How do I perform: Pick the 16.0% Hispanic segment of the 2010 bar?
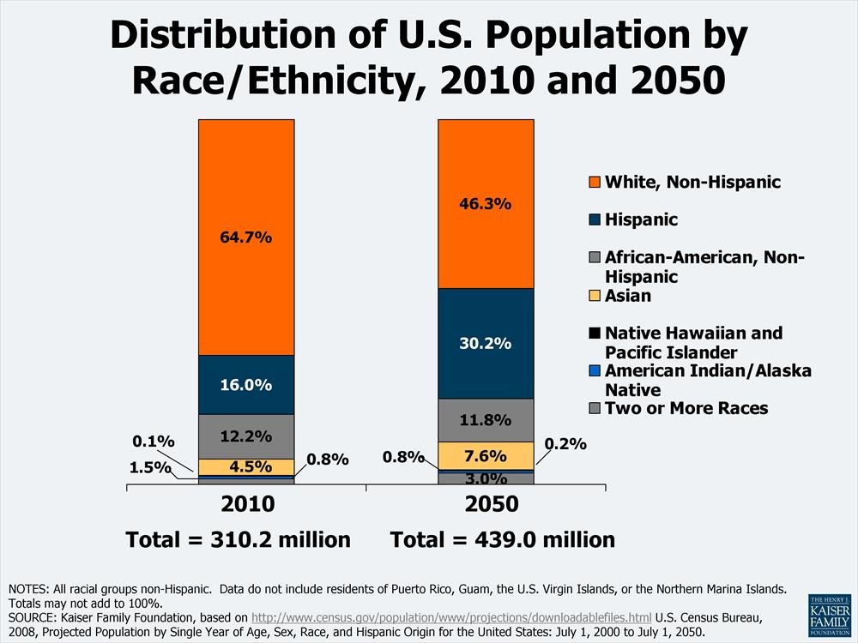point(246,385)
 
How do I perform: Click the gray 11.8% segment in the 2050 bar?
point(486,420)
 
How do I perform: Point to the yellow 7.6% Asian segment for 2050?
point(486,455)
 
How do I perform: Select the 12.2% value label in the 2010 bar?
point(246,436)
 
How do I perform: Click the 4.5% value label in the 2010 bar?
point(246,467)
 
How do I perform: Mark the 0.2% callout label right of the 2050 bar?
point(565,444)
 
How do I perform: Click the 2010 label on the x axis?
point(246,504)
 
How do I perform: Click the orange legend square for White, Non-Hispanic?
point(594,182)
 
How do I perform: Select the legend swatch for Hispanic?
point(594,220)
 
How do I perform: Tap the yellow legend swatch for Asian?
point(594,297)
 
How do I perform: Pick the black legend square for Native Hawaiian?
point(594,334)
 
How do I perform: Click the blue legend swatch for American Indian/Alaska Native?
point(594,371)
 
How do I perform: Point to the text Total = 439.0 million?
point(503,540)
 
